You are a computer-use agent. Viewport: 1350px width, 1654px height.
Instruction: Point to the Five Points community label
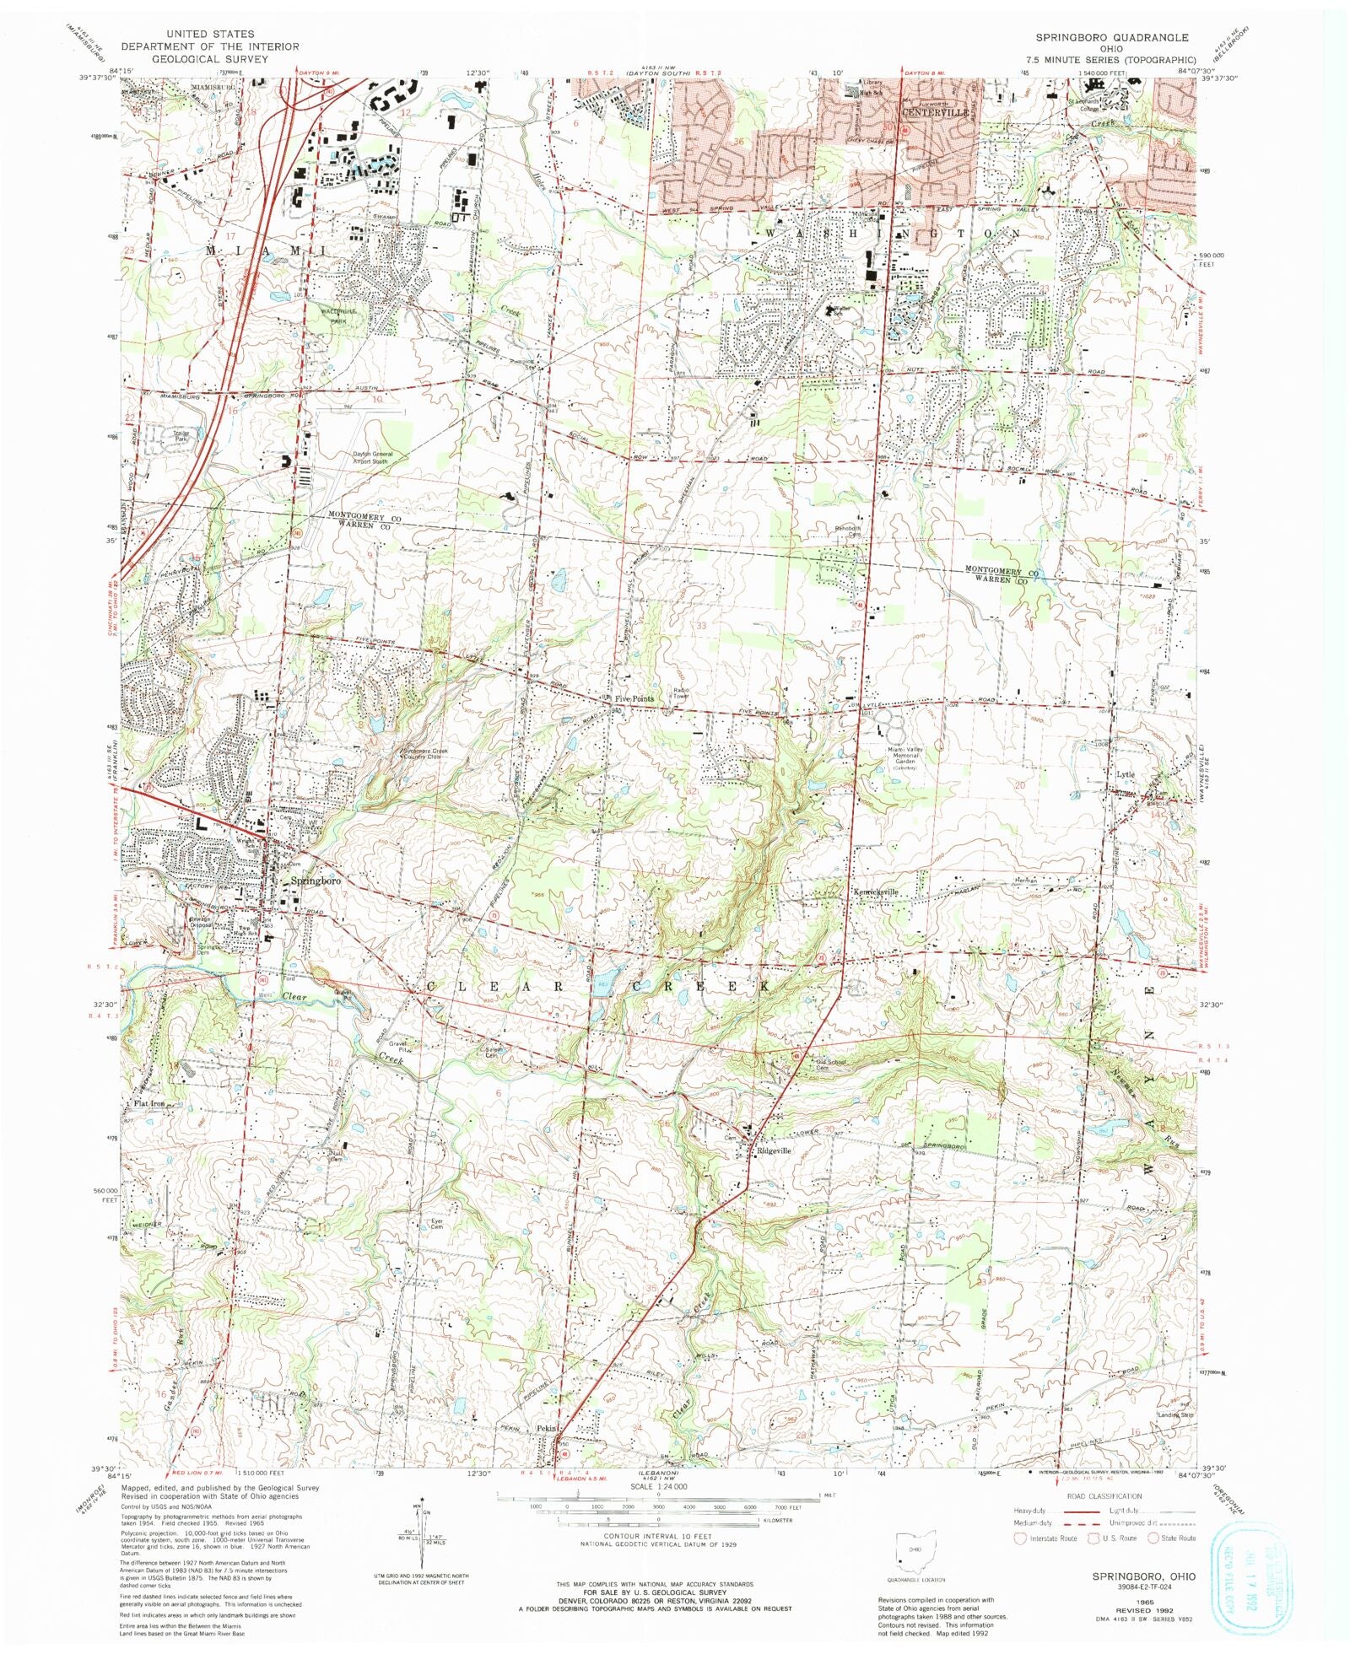pyautogui.click(x=634, y=699)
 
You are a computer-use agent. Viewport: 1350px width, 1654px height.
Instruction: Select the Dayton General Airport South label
pyautogui.click(x=372, y=458)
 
